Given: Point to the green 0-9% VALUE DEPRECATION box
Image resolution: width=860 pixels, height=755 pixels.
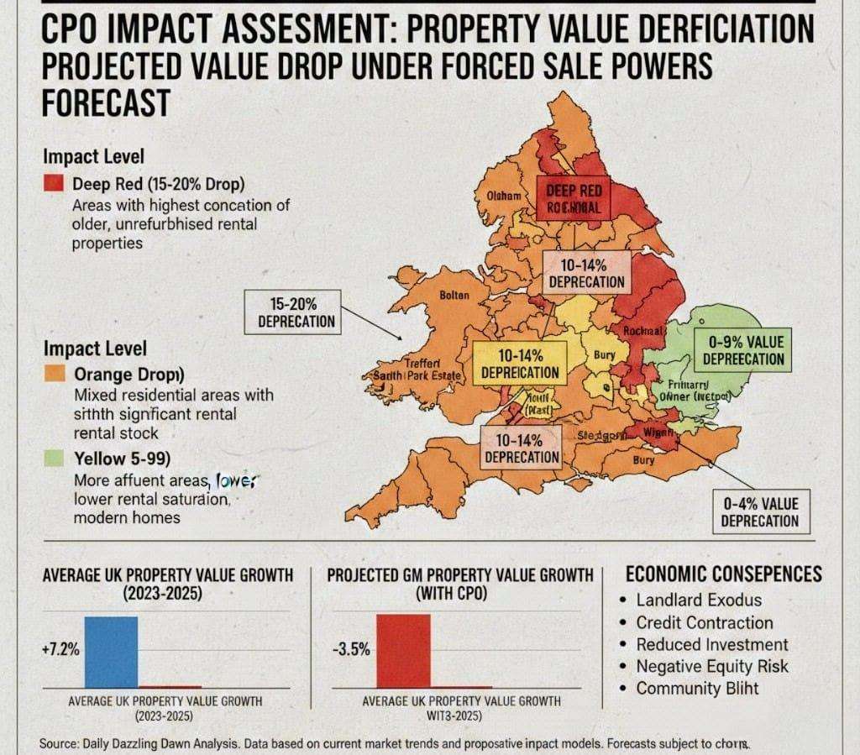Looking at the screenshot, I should (x=743, y=349).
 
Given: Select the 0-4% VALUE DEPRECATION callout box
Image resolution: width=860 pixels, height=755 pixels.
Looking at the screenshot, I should (x=760, y=511).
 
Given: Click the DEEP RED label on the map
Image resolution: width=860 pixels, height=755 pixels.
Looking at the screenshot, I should (x=574, y=198).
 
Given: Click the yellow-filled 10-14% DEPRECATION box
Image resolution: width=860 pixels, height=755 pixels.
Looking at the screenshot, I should (x=516, y=364).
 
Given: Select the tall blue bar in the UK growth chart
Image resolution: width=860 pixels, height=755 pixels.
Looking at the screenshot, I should (x=110, y=652).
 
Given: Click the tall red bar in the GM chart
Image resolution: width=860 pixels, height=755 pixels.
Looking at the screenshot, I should (x=402, y=651).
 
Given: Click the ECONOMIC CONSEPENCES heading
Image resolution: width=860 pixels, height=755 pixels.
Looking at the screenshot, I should (x=724, y=574).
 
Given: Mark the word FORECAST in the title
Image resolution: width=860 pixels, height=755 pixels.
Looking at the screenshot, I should (x=105, y=104).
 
